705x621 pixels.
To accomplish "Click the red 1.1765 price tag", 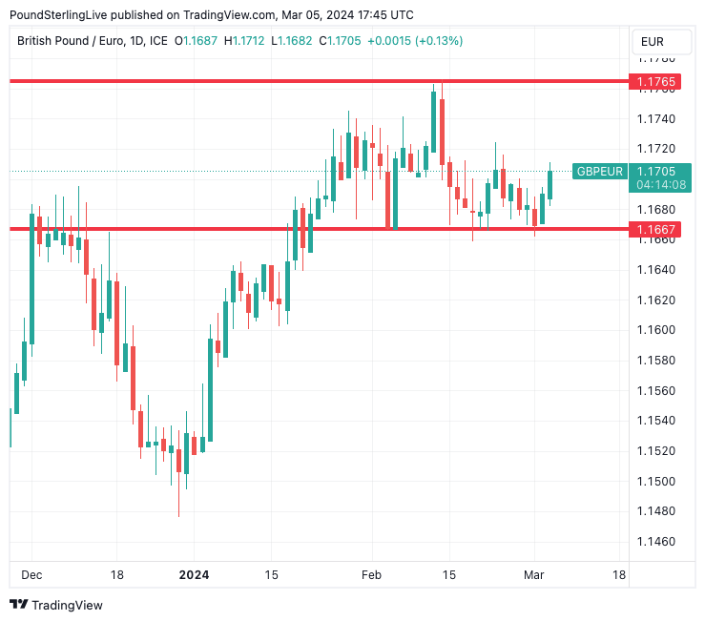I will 658,82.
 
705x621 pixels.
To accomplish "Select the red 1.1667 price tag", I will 658,229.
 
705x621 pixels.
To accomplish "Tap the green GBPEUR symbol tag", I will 599,172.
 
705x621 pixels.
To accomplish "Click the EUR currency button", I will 653,41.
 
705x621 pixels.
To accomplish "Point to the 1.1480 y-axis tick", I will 655,511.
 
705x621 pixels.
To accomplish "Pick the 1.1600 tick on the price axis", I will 655,330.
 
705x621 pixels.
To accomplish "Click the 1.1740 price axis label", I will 655,119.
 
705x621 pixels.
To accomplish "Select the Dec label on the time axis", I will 31,575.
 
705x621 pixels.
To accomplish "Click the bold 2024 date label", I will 194,575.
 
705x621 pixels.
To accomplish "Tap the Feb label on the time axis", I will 371,575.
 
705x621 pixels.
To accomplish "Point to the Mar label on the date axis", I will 533,575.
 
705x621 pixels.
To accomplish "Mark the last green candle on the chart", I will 549,184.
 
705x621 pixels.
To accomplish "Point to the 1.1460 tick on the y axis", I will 655,542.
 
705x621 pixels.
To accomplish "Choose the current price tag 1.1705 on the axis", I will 658,171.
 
